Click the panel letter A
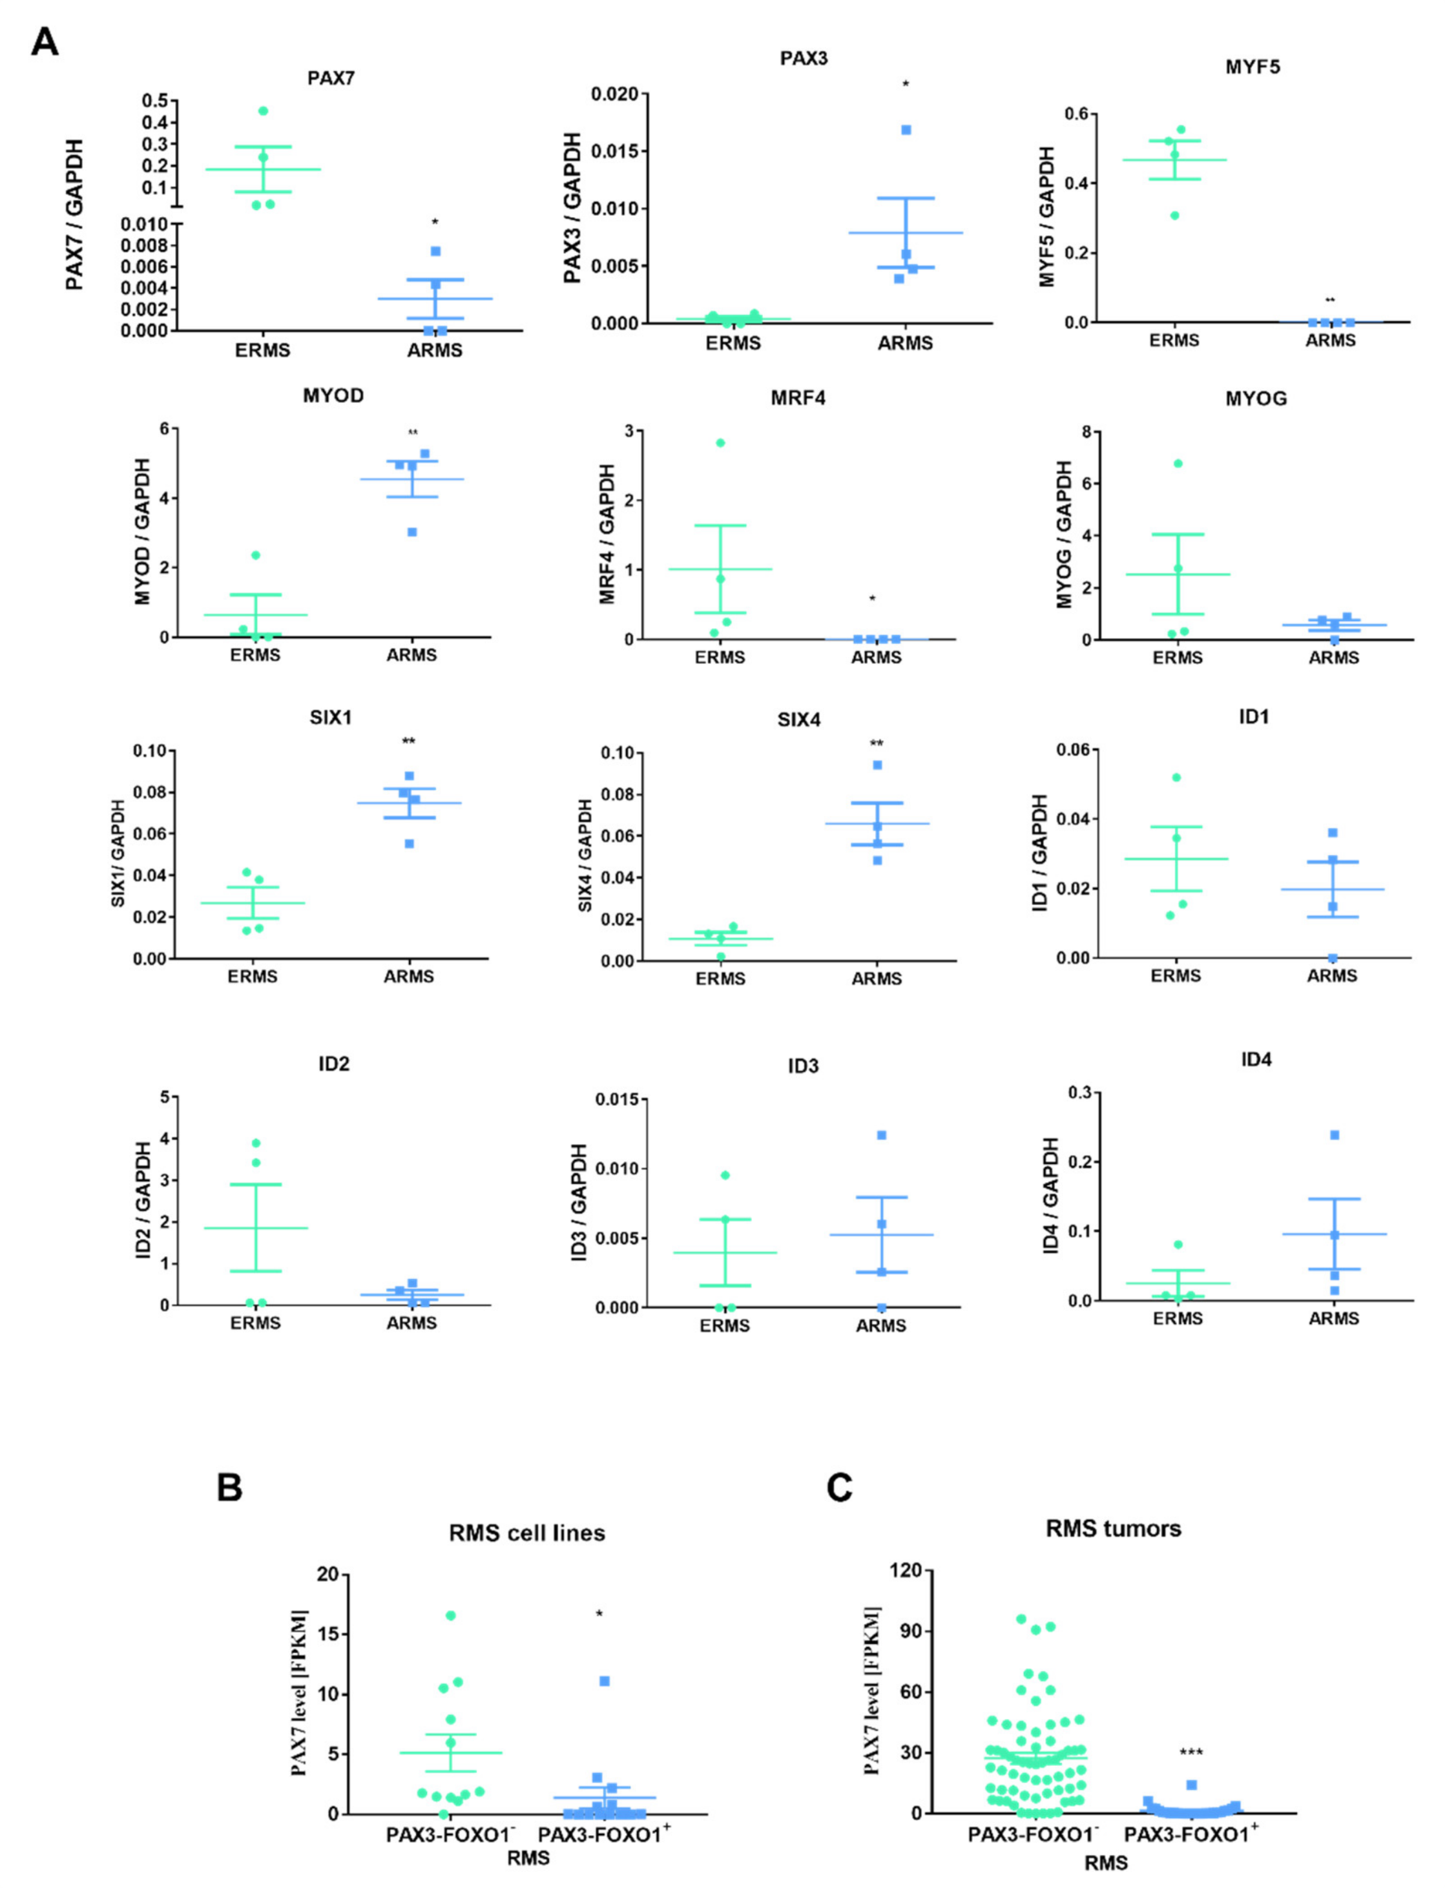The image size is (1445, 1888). point(45,42)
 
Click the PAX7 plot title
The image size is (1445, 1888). point(331,78)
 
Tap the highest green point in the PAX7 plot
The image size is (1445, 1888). point(263,111)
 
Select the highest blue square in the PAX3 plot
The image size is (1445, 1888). point(906,130)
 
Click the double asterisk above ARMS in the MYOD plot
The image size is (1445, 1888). point(413,433)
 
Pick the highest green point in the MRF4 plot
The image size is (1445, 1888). point(720,443)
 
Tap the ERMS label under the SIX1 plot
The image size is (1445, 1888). point(253,976)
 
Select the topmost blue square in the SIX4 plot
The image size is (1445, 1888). point(877,765)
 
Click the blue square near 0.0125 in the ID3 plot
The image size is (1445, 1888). point(882,1136)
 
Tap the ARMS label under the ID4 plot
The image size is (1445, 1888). point(1333,1318)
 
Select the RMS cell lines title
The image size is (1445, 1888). point(526,1533)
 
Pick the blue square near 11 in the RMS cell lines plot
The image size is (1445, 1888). point(605,1681)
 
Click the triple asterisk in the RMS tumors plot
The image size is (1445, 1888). point(1190,1753)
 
